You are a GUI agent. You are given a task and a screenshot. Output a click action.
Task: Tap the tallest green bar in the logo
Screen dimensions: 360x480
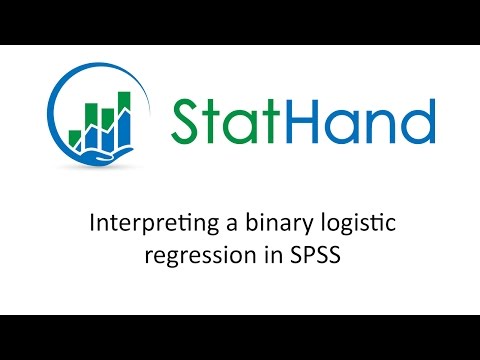point(125,113)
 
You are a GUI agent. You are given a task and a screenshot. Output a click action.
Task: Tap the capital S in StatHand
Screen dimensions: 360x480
point(186,122)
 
